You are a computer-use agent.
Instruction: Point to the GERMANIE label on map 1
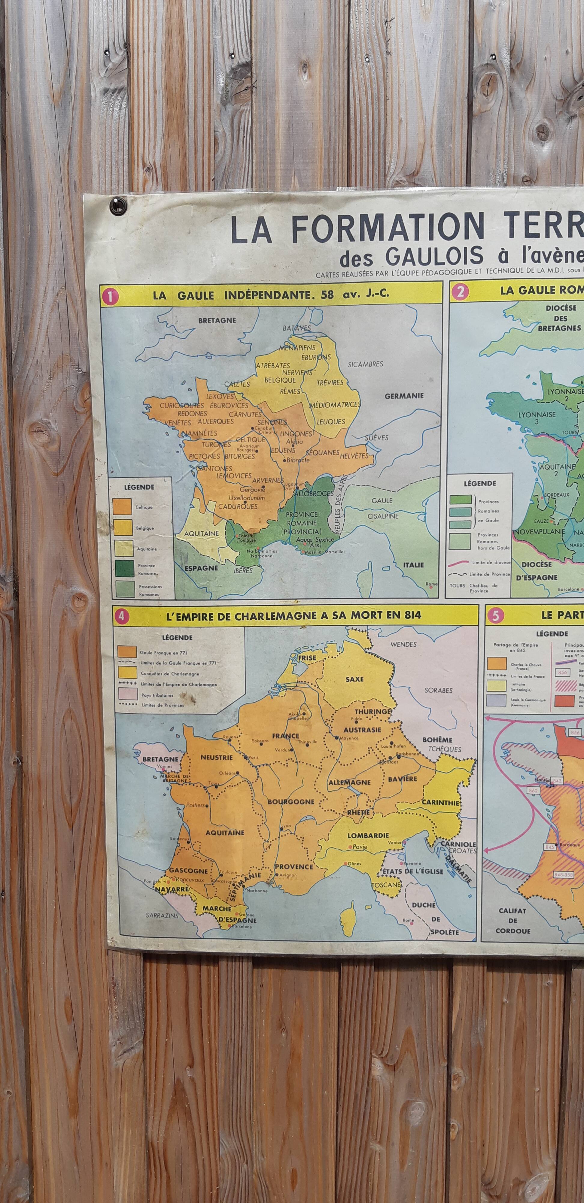click(x=404, y=395)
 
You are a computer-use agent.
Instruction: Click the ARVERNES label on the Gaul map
click(x=268, y=480)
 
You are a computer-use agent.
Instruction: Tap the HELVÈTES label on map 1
click(x=354, y=455)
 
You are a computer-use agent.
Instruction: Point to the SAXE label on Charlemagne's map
click(x=354, y=679)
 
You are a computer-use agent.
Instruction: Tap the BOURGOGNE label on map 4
click(x=290, y=801)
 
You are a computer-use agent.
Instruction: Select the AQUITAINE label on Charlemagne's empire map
click(x=225, y=832)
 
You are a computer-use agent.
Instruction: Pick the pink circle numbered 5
click(x=494, y=616)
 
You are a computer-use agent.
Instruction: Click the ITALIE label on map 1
click(x=413, y=565)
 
